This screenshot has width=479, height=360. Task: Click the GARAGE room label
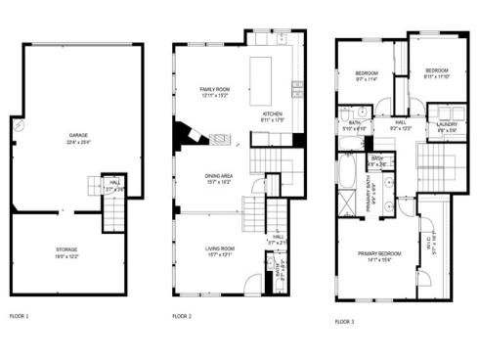[78, 135]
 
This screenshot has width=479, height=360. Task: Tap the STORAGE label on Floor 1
[66, 249]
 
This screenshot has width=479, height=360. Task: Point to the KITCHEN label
[273, 114]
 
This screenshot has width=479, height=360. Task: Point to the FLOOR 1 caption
[20, 316]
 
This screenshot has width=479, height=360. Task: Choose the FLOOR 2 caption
[182, 316]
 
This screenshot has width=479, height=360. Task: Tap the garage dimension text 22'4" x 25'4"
[78, 141]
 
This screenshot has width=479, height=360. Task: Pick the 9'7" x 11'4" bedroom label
[367, 75]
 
